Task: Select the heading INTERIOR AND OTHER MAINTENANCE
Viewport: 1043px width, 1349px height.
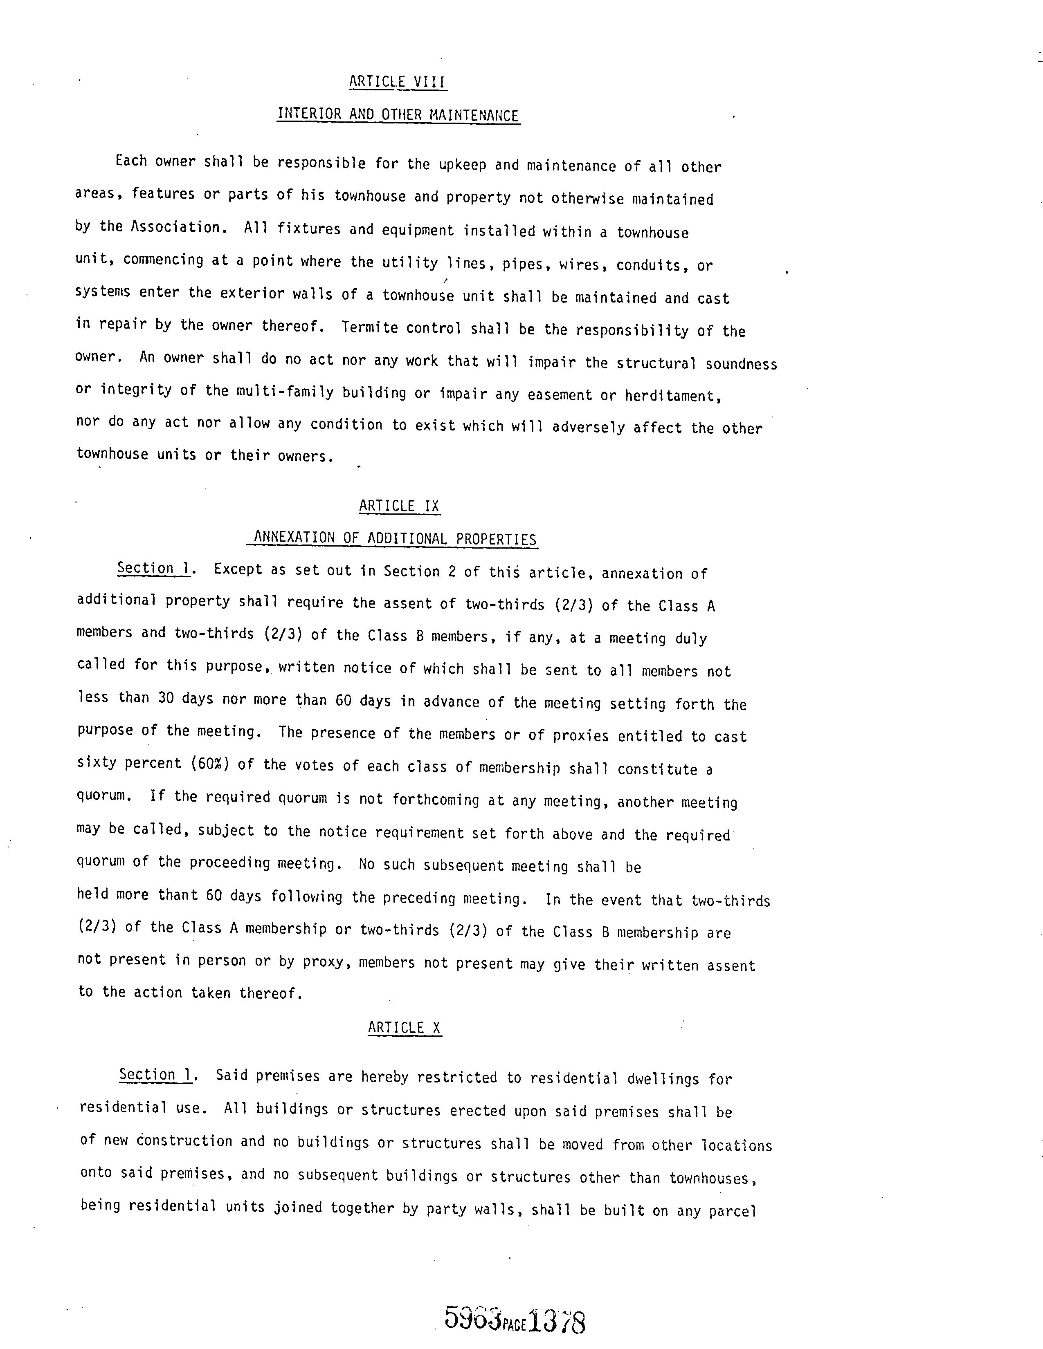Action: (x=398, y=114)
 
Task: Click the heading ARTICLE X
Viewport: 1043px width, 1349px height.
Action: (x=404, y=1027)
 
